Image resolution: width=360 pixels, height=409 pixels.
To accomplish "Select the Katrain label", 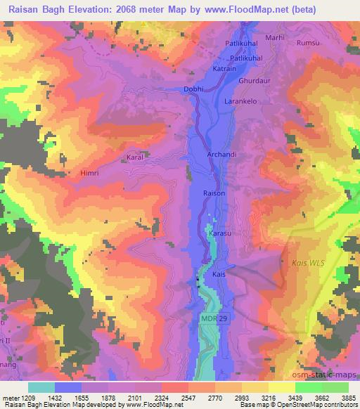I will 224,69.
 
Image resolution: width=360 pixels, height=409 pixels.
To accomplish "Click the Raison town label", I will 214,193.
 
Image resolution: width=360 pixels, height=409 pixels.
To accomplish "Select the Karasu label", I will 219,233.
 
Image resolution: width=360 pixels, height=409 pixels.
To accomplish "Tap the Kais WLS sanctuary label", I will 307,263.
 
